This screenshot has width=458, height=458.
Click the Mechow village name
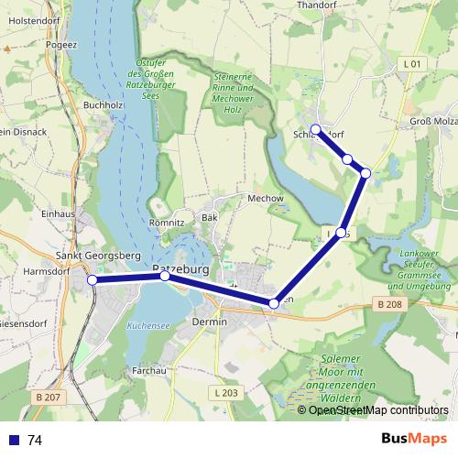267,198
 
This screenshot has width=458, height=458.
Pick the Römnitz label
168,223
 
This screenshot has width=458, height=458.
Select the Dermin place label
210,322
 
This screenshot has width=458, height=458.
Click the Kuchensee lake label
144,325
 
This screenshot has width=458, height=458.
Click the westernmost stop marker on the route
92,280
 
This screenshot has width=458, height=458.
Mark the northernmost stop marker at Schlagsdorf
315,129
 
